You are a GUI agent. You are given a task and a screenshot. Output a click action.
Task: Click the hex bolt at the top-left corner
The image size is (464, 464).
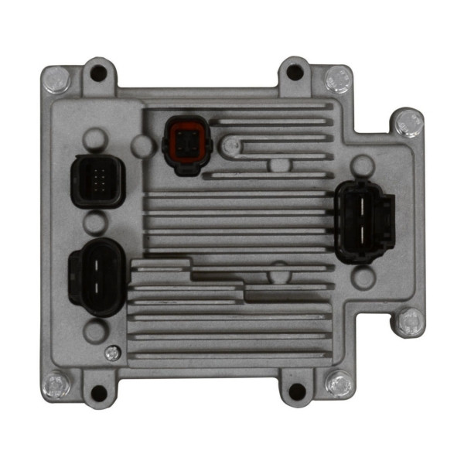(54, 77)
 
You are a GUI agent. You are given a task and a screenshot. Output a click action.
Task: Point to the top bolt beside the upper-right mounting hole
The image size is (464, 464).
(336, 77)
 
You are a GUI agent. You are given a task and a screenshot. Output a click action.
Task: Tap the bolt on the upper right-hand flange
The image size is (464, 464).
(407, 121)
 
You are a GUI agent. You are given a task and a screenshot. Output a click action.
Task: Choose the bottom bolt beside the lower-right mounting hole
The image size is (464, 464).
(337, 382)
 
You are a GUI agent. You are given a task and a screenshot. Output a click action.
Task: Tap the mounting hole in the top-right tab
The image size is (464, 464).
(295, 73)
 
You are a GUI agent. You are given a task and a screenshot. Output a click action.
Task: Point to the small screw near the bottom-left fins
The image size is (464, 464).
(111, 353)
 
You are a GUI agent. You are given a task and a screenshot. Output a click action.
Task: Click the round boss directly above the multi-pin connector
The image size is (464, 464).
(94, 140)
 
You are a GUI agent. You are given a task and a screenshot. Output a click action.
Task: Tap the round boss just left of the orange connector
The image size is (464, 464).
(142, 143)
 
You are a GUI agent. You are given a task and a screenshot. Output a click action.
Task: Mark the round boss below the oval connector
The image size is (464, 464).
(94, 331)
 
